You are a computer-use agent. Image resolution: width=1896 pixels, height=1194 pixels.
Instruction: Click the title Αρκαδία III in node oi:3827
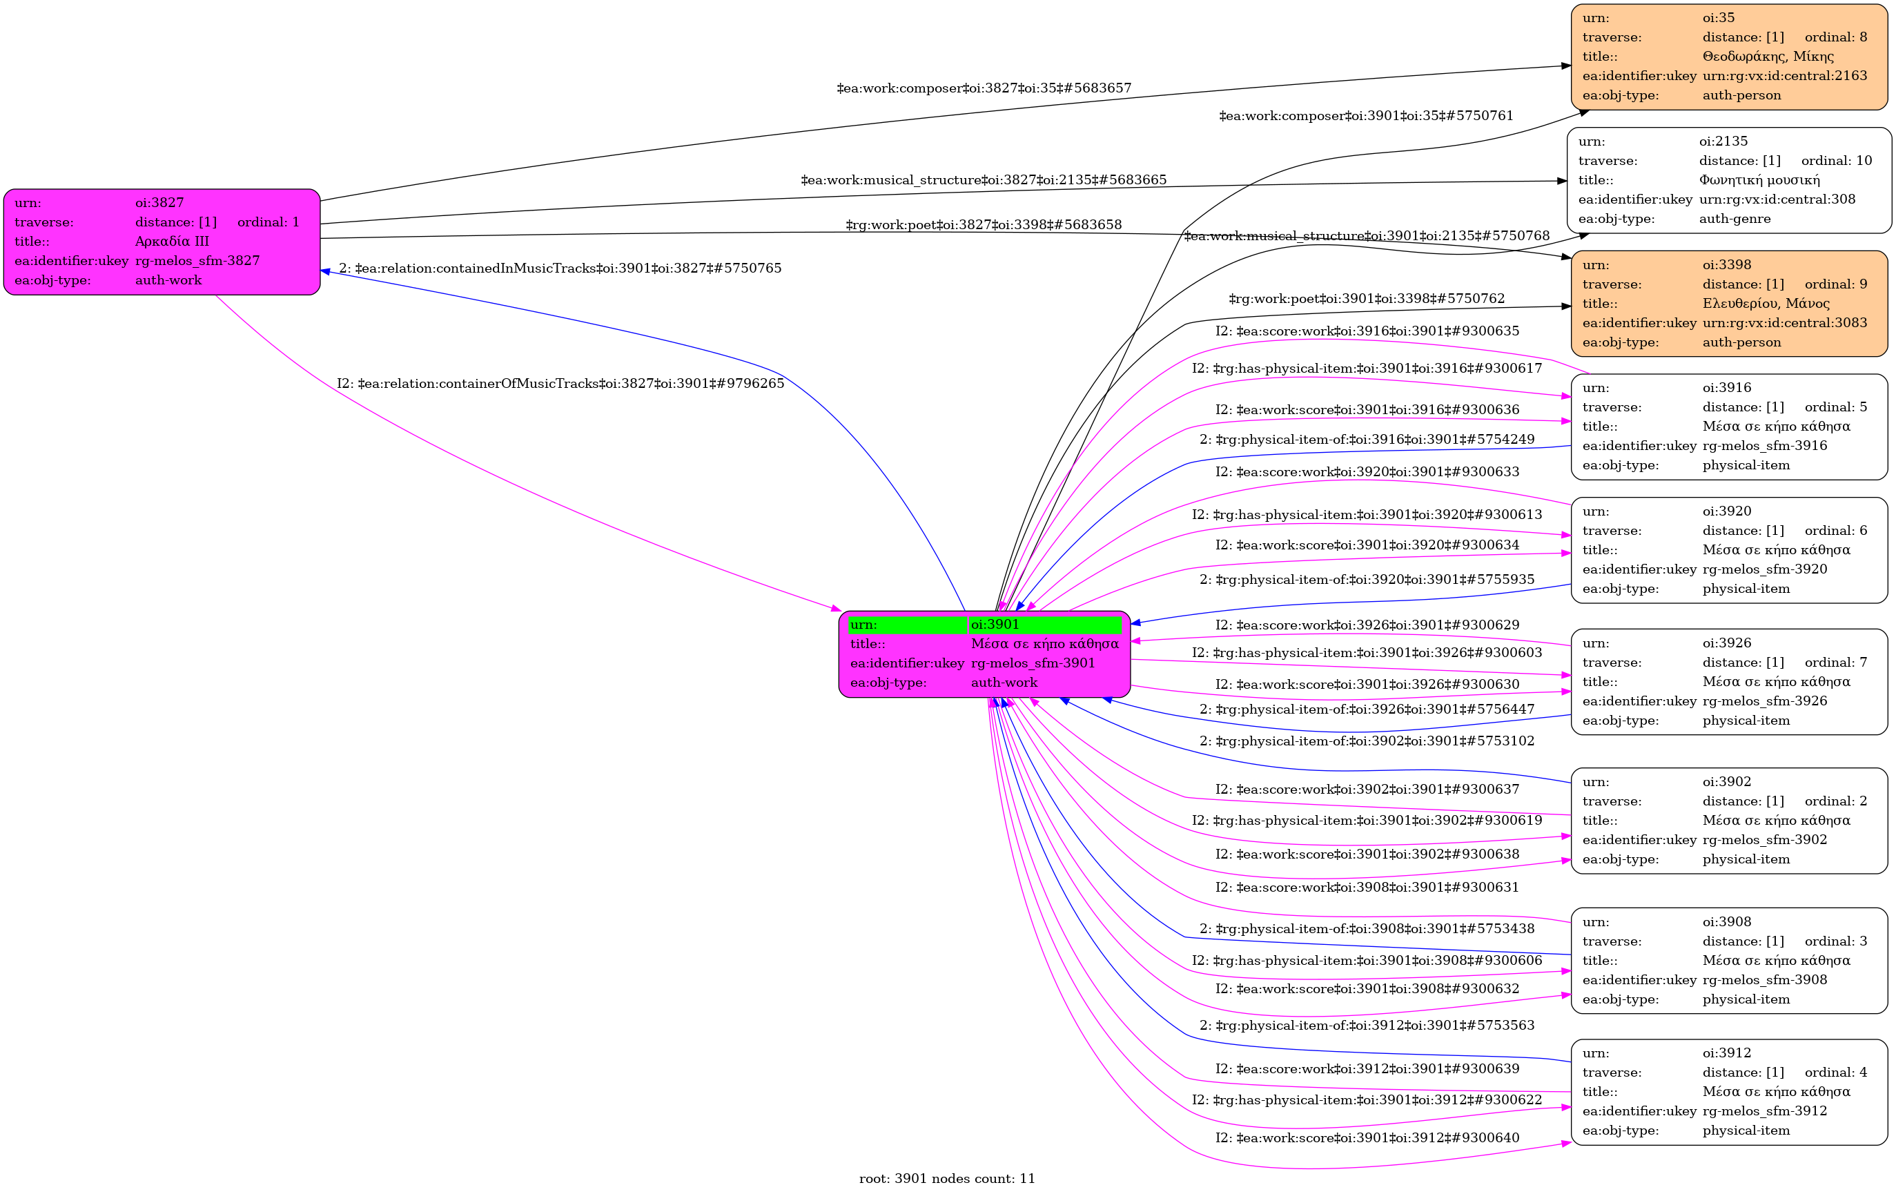point(172,242)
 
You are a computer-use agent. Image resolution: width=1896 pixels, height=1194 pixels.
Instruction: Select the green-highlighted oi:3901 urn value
point(995,625)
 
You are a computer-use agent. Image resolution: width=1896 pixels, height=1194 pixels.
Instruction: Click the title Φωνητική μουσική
point(1759,180)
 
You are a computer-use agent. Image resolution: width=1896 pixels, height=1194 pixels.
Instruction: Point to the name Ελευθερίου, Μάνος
point(1766,304)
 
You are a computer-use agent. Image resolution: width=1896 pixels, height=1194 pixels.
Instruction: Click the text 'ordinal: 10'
point(1836,161)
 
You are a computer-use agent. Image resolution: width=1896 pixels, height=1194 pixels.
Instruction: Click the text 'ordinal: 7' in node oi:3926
point(1835,663)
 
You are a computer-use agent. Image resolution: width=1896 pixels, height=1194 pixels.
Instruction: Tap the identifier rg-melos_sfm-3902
point(1764,840)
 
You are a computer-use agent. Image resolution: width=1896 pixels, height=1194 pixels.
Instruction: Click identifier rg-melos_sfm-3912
point(1764,1111)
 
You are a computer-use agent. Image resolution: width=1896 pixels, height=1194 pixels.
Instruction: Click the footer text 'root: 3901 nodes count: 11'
point(946,1179)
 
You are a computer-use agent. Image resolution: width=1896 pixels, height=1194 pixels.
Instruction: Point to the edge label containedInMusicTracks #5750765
point(560,268)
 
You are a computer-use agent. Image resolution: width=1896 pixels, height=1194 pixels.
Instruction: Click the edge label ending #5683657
point(984,88)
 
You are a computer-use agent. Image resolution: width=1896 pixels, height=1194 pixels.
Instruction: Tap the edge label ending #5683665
point(984,180)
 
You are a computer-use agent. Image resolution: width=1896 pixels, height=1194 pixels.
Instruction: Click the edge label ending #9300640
point(1367,1138)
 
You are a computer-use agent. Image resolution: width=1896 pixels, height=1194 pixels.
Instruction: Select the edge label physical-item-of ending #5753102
point(1367,741)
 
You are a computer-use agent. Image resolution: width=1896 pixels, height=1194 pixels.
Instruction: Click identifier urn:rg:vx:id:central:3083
point(1784,324)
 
